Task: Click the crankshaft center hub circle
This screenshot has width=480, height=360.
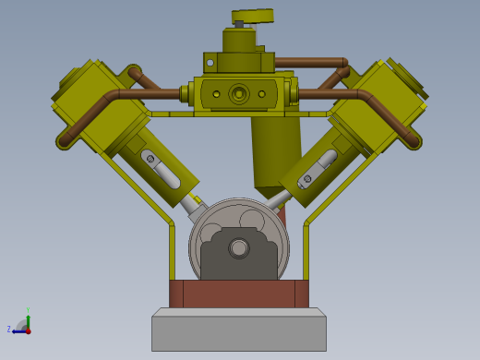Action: coord(239,247)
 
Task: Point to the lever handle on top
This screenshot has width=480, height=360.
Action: coord(254,16)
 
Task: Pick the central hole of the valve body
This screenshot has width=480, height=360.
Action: coord(239,93)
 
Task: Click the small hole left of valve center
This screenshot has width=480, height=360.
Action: coord(216,94)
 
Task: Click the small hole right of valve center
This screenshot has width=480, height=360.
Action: coord(262,94)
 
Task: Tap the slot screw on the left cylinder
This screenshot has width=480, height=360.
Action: coord(150,159)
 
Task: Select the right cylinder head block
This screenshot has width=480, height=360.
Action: coord(378,107)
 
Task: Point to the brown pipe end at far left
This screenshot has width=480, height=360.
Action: coord(66,141)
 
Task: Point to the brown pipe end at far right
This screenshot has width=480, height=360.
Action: coord(413,141)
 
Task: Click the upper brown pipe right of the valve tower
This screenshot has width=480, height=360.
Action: coord(309,63)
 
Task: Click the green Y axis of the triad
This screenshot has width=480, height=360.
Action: coord(28,318)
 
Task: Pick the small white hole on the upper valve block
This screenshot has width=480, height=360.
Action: coord(210,63)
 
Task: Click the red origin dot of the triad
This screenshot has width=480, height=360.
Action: coord(28,330)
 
